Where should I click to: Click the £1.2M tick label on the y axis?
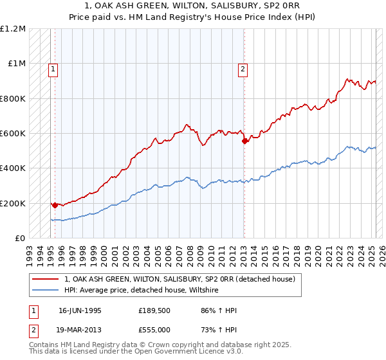13,29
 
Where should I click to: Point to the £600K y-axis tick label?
13,134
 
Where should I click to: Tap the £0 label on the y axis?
20,239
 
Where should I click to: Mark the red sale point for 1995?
55,205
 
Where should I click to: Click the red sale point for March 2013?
244,141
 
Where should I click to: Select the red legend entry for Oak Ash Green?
179,279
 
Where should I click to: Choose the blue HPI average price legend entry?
142,291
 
